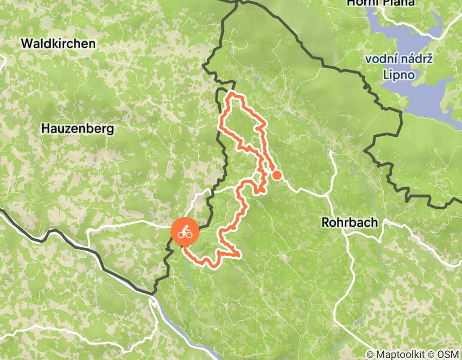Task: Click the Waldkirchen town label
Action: pos(58,44)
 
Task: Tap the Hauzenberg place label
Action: pos(78,129)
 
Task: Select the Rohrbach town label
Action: pos(349,223)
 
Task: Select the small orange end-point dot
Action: pos(277,175)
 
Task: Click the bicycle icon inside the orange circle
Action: pos(185,233)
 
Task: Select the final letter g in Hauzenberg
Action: pos(110,130)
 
